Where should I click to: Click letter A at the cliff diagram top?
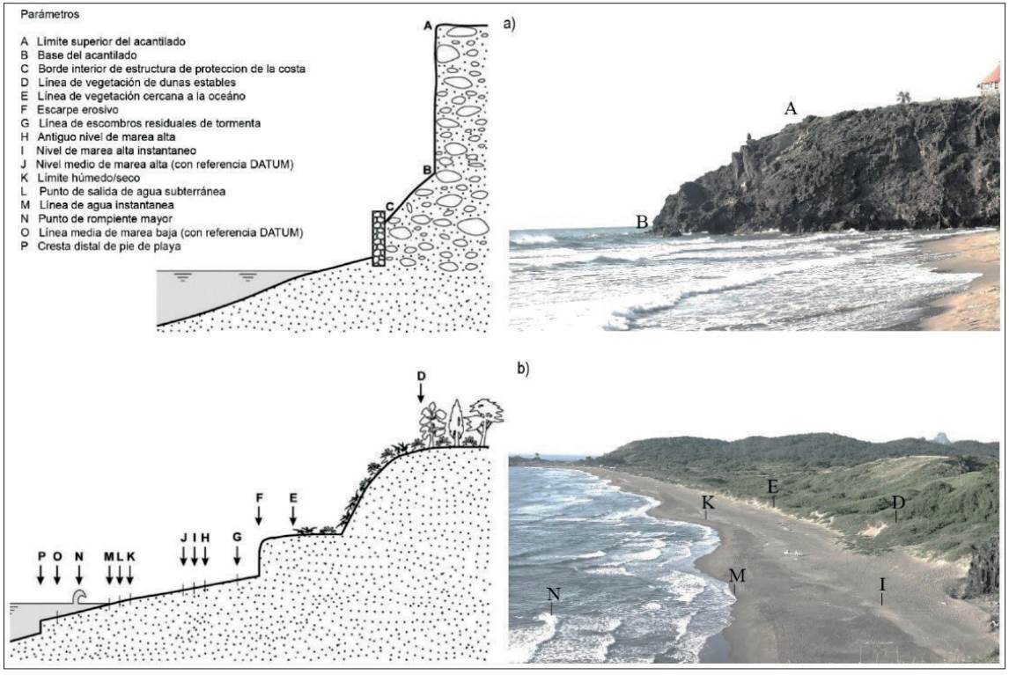pyautogui.click(x=428, y=27)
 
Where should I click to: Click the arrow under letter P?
pyautogui.click(x=41, y=574)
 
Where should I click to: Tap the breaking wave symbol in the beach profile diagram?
pyautogui.click(x=78, y=597)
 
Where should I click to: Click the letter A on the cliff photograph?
pyautogui.click(x=791, y=109)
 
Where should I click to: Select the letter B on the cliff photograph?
pyautogui.click(x=642, y=224)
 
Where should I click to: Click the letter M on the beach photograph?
pyautogui.click(x=737, y=576)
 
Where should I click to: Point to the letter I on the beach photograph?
pyautogui.click(x=882, y=583)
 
